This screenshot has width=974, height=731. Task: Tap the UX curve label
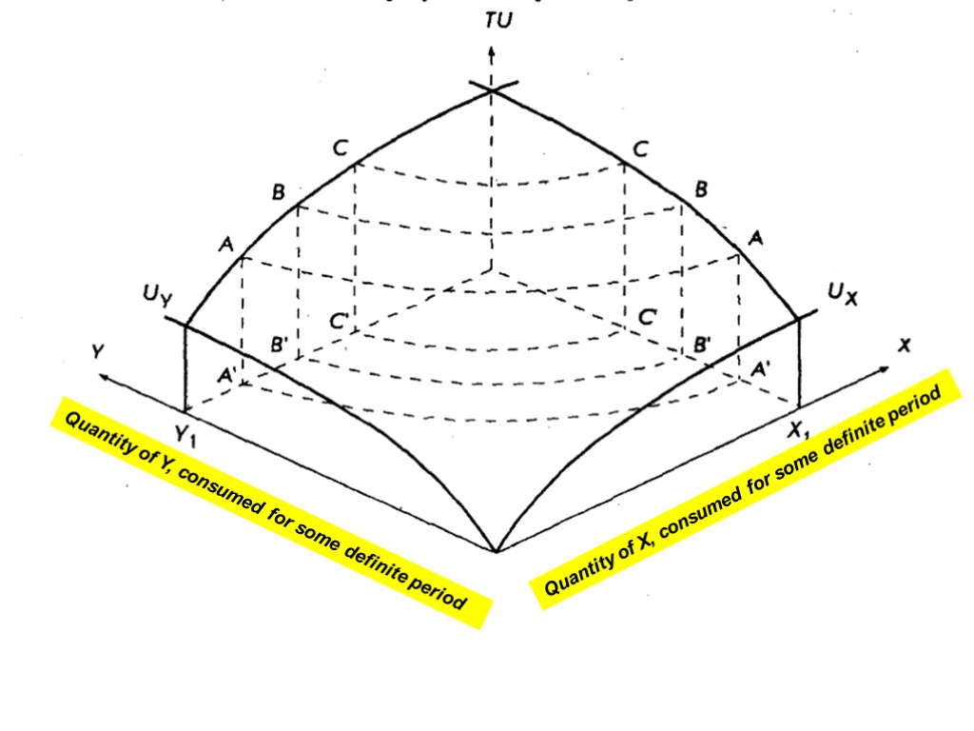coord(841,295)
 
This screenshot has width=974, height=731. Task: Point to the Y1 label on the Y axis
coord(187,434)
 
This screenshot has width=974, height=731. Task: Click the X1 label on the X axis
coord(800,430)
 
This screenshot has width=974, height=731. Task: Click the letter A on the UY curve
coord(226,245)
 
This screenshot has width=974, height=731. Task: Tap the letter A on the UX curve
coord(755,238)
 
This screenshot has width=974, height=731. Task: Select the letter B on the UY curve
coord(278,192)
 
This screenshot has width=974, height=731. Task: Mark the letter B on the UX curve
coord(701,189)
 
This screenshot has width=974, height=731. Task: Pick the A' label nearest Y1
coord(227,375)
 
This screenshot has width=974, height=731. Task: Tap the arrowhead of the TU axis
coord(491,51)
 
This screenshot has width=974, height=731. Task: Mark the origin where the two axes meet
coord(496,550)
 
